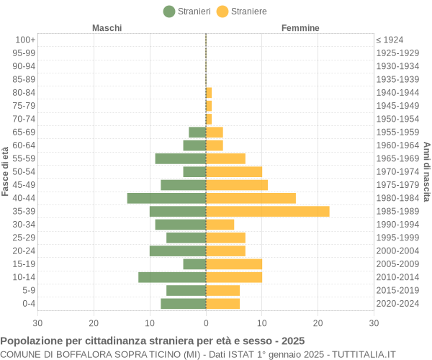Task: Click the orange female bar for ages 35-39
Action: click(x=267, y=211)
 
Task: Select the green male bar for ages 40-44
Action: click(x=166, y=198)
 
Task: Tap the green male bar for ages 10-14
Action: click(x=172, y=277)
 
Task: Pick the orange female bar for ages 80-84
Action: click(x=209, y=92)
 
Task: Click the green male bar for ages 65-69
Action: click(x=197, y=132)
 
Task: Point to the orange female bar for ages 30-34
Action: click(x=220, y=225)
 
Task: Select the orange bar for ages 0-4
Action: click(x=222, y=304)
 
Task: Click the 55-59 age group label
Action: click(x=24, y=158)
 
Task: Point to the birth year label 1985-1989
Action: click(x=397, y=211)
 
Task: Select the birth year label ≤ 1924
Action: click(x=390, y=40)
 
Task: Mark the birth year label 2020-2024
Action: click(x=397, y=304)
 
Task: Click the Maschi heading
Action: click(x=107, y=28)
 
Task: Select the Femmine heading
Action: click(x=300, y=28)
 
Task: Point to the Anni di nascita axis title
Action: click(x=426, y=171)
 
